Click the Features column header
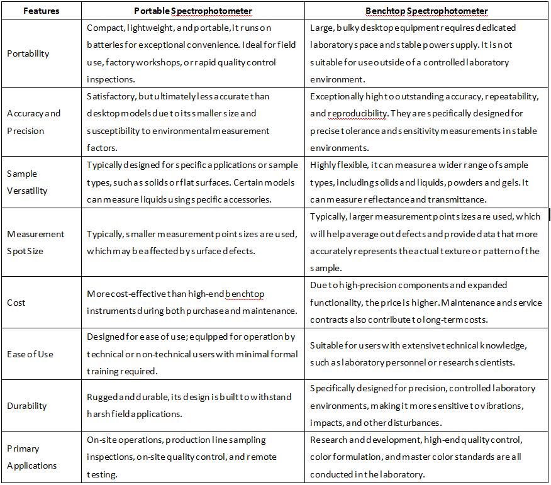coord(41,11)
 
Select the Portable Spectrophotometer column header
coord(193,11)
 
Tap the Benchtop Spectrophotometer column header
coord(426,11)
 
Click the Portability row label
coord(28,53)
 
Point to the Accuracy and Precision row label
coord(33,122)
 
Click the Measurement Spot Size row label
coord(35,242)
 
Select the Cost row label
coord(16,303)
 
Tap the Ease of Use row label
coord(30,354)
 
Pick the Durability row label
coord(27,406)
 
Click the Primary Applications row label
coord(31,457)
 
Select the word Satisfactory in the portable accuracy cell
coord(110,96)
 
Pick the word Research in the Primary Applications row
coord(329,440)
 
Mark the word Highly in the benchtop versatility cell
coord(324,165)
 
